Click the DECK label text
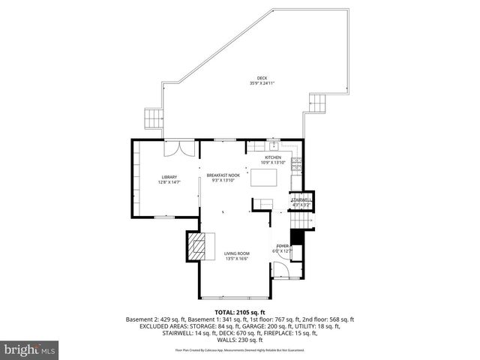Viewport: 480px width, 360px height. (x=262, y=78)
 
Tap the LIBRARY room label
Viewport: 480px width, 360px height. (x=169, y=177)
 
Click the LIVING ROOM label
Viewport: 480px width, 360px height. (x=236, y=253)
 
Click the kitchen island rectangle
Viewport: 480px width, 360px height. (x=264, y=177)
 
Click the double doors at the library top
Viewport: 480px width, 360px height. (x=174, y=147)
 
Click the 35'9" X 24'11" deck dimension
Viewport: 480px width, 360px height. (x=262, y=83)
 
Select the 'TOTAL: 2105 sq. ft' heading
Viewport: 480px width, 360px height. (x=239, y=311)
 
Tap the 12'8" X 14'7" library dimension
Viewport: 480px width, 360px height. (x=169, y=182)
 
